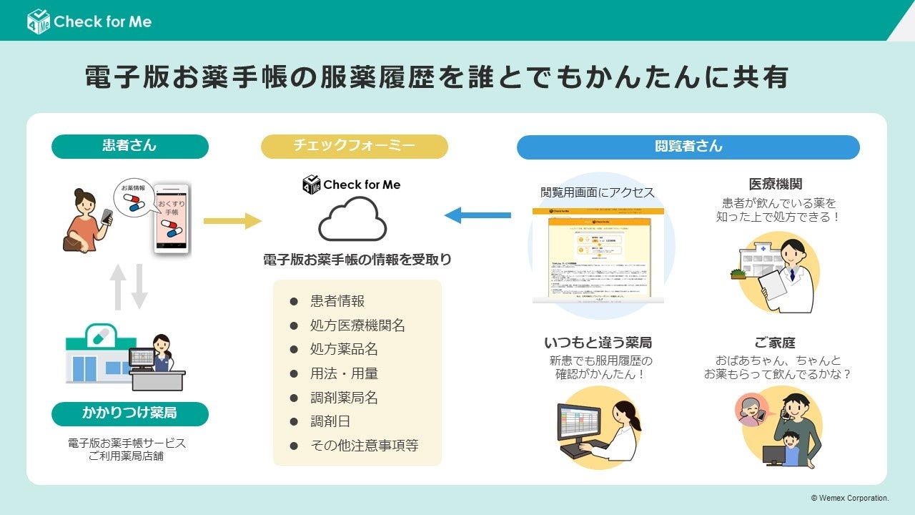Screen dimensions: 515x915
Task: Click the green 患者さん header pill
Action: (129, 146)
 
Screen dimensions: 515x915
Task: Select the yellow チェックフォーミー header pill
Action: (354, 146)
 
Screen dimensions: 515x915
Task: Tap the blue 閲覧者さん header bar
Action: (688, 147)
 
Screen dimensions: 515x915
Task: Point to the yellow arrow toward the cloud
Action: (232, 221)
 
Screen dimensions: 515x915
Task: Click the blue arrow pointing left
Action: (478, 215)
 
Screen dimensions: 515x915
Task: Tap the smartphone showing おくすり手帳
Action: (172, 217)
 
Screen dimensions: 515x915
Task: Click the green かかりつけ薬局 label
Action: (129, 413)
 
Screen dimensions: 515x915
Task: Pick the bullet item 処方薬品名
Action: (344, 349)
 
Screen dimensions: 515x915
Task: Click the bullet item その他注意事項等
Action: (364, 445)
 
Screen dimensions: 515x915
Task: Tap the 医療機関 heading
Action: (776, 185)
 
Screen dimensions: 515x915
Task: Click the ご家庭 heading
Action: (775, 343)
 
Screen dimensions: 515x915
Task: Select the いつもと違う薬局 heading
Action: (598, 343)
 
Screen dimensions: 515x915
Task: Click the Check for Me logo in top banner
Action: (89, 21)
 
